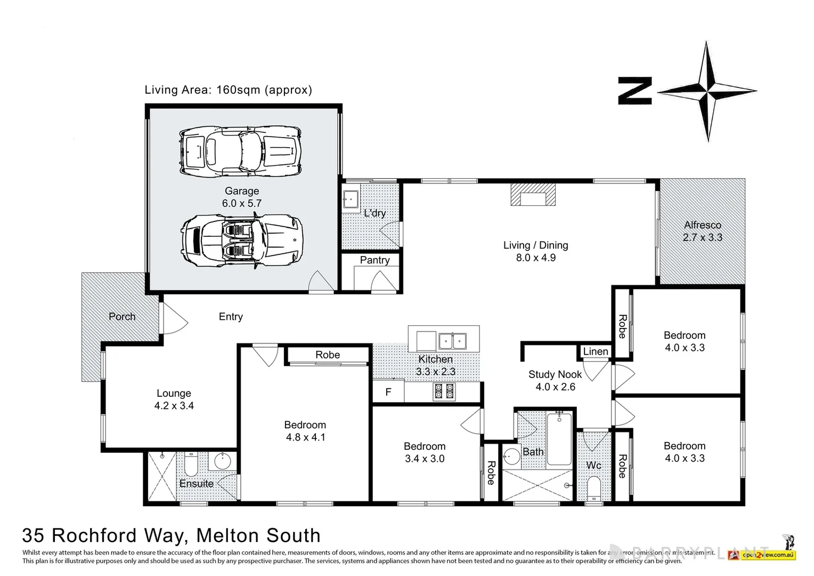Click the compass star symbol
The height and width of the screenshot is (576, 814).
[707, 91]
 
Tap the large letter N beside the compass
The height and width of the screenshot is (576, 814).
[635, 91]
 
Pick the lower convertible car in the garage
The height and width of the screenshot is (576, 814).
[241, 241]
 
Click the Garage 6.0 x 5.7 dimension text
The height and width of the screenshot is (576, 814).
[242, 203]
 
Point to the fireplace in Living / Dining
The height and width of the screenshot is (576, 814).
[533, 195]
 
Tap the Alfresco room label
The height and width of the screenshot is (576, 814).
[702, 225]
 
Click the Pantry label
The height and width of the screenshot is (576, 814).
[375, 260]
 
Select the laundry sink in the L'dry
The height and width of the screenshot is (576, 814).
[351, 199]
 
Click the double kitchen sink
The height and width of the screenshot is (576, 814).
[452, 340]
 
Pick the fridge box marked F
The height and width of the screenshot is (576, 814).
[388, 392]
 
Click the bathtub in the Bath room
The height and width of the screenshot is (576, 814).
[559, 438]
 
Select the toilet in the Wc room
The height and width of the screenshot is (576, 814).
[593, 487]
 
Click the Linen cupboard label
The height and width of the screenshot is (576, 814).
[595, 351]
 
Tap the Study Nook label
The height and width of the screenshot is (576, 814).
[555, 374]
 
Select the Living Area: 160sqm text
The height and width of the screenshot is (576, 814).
[228, 90]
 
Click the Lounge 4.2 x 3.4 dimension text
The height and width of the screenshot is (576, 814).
[174, 406]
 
